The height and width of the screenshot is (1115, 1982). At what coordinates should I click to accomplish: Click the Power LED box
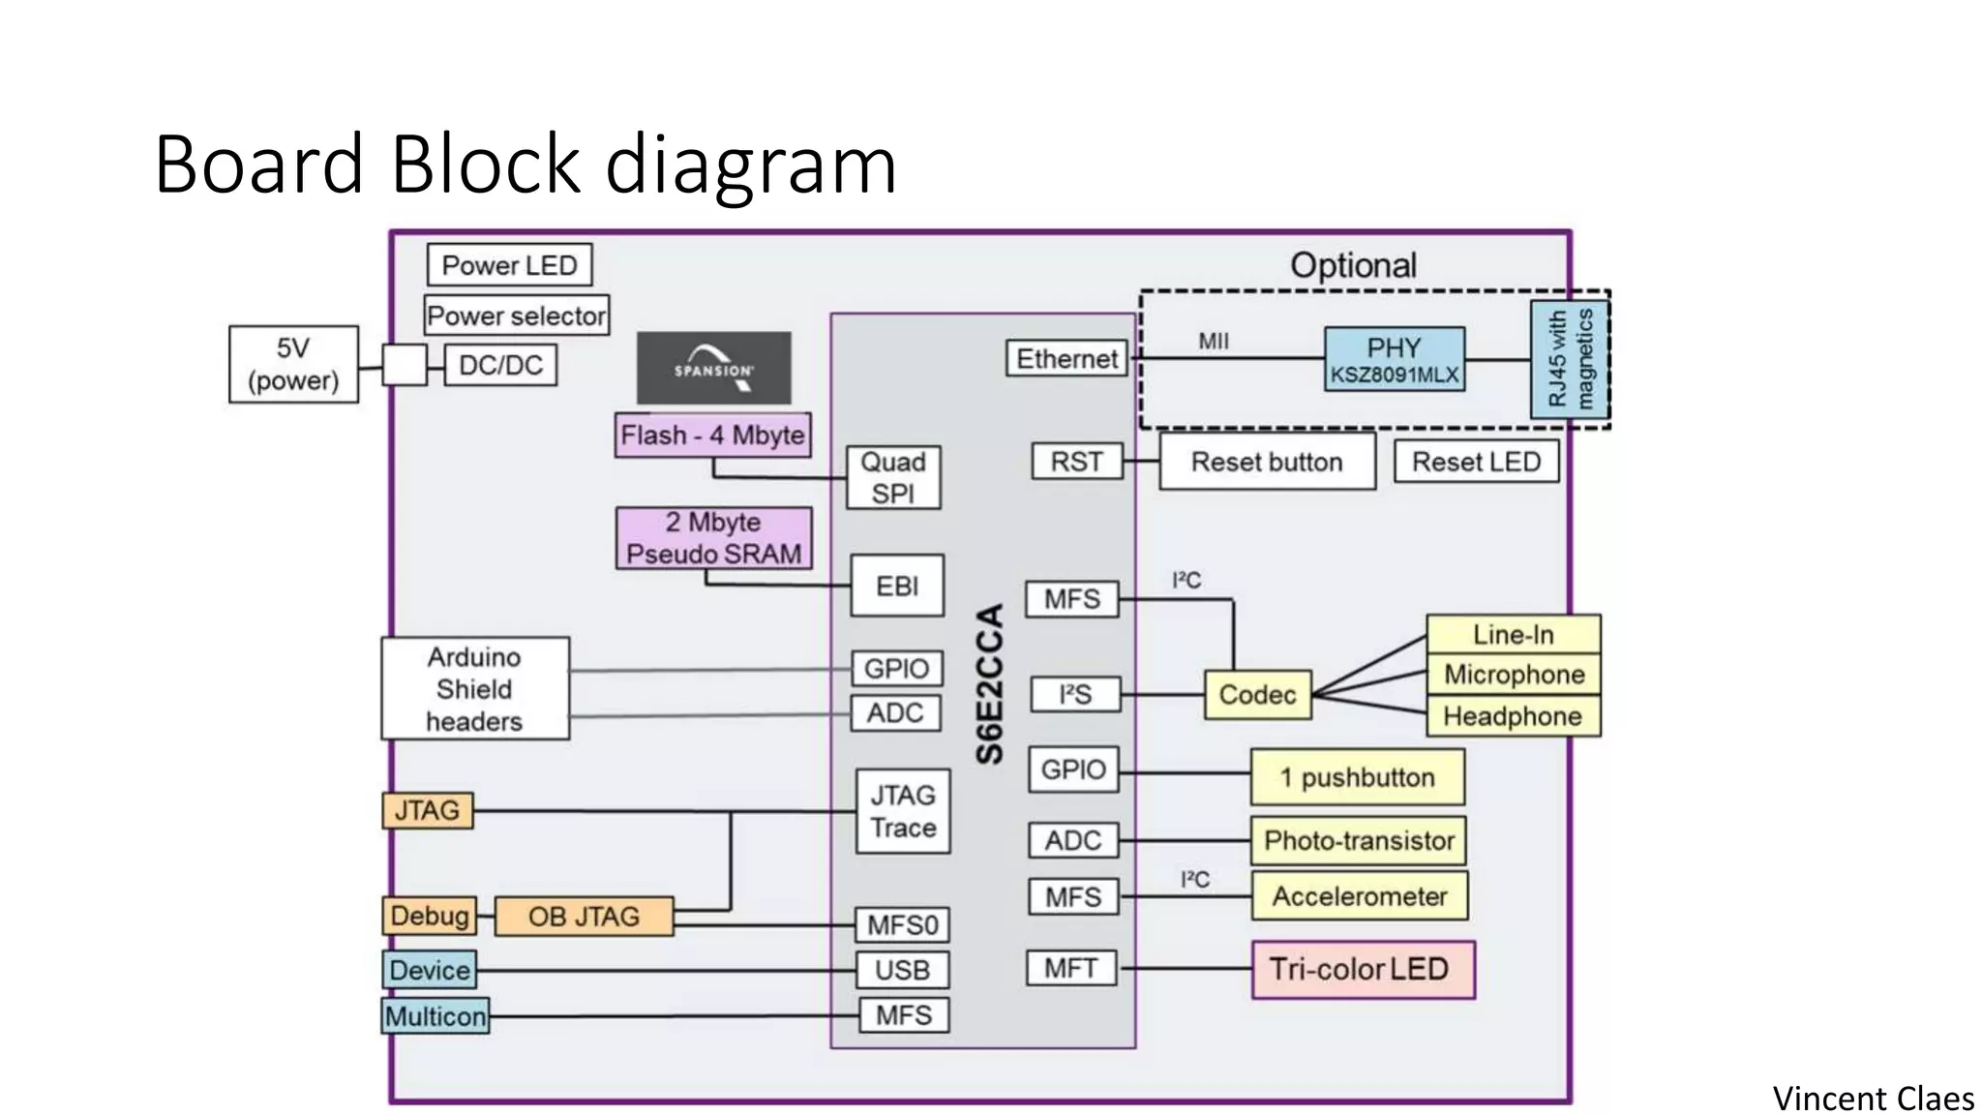509,264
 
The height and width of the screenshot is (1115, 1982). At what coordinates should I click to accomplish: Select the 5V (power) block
293,364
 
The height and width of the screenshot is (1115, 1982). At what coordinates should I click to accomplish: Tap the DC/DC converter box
500,365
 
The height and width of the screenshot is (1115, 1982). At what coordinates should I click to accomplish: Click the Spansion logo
713,368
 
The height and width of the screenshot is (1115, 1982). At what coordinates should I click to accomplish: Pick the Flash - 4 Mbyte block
712,436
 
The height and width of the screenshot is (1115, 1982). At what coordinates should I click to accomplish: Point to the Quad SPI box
893,477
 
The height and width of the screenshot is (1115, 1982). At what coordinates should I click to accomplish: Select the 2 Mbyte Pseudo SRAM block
713,538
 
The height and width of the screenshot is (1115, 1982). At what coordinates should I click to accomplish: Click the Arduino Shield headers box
474,689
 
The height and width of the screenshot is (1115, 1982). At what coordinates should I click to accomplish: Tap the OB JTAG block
584,916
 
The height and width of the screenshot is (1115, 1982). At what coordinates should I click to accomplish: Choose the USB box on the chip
903,970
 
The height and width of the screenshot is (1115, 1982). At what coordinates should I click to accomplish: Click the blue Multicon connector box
435,1016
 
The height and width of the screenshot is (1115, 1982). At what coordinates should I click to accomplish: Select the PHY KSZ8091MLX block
1394,359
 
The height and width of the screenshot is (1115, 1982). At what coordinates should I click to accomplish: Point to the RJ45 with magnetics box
1569,359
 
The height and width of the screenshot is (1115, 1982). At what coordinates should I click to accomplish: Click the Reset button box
1267,462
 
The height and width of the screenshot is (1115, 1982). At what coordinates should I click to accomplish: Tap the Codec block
1257,695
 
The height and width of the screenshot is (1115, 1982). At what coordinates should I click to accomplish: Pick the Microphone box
1514,675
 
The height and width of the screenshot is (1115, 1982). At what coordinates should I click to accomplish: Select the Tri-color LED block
1363,969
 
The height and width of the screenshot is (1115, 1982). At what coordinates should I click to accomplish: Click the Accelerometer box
1359,896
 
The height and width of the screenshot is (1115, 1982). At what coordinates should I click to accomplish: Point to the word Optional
1353,265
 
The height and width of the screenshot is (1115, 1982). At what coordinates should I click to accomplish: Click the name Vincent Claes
1873,1099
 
